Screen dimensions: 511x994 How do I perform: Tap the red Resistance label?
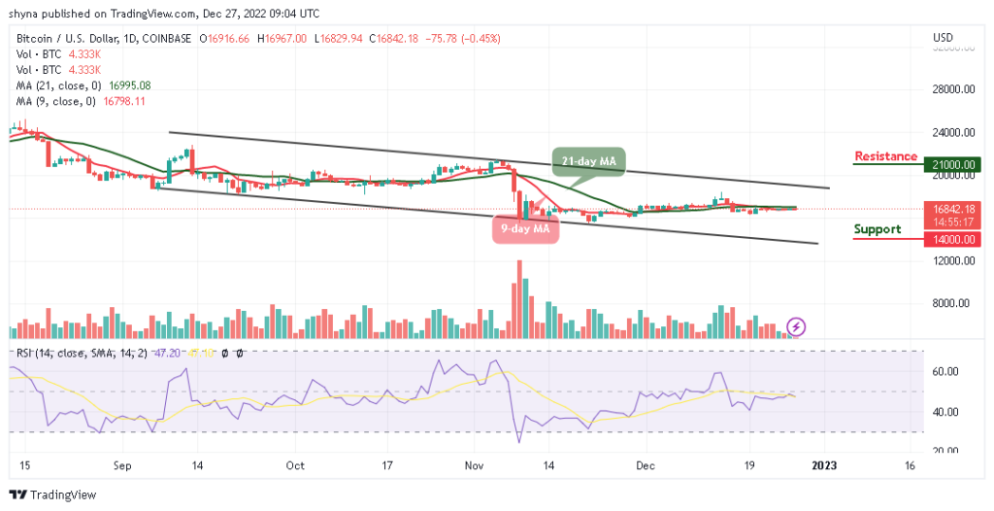[885, 156]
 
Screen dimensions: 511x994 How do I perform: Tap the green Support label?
[878, 229]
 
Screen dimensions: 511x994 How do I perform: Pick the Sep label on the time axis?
[122, 465]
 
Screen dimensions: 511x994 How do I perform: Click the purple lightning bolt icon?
[796, 327]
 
